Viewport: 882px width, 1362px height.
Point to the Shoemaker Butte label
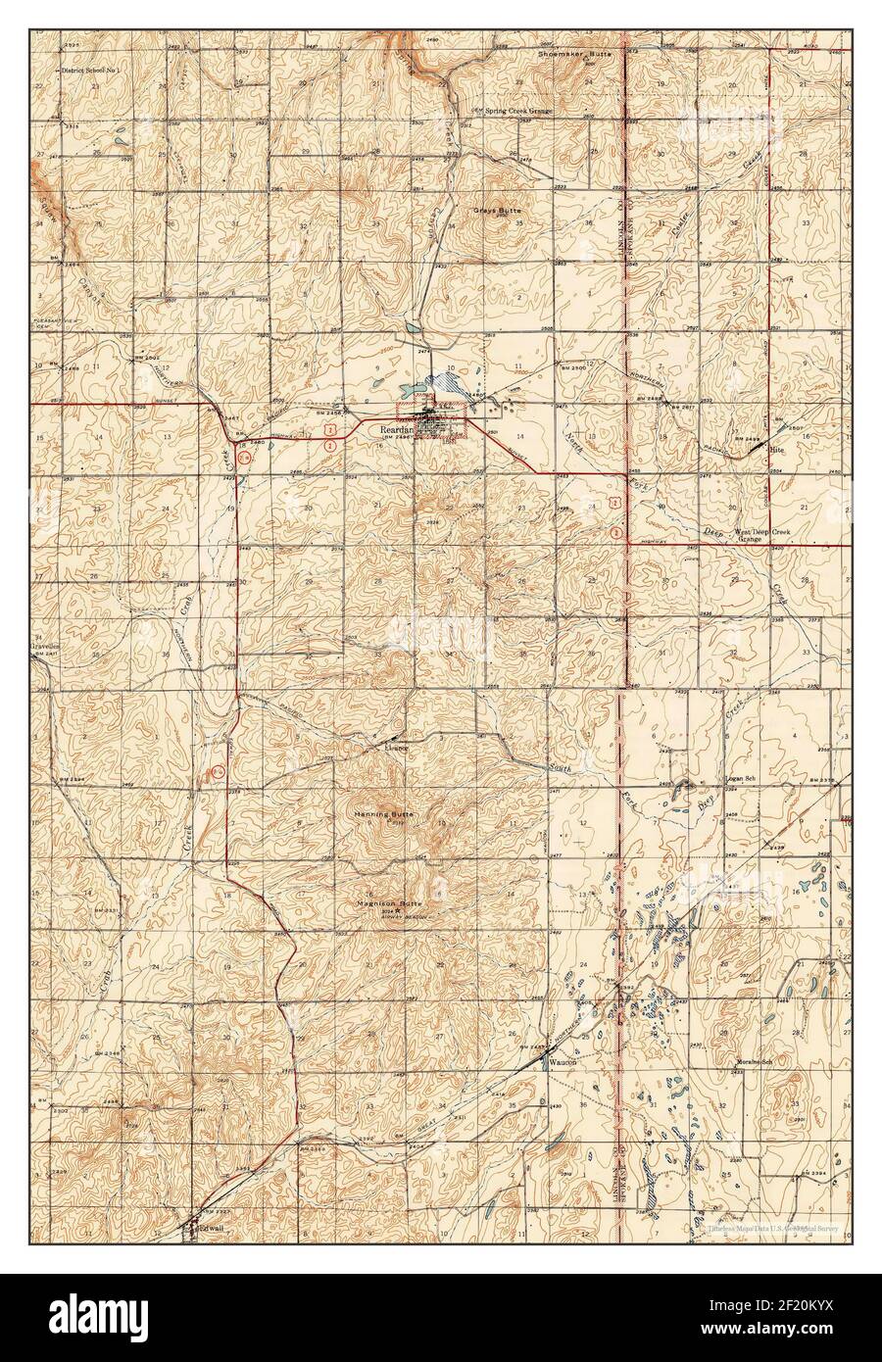tap(574, 54)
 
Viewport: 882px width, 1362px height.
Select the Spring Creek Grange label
tap(516, 112)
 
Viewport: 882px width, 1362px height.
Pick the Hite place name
tap(777, 449)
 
